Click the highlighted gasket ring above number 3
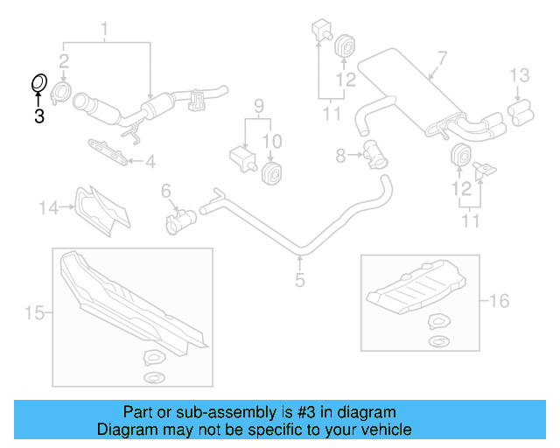[38, 84]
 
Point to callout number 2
[64, 60]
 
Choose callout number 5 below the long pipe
[299, 280]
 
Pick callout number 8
[341, 155]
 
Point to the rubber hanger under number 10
[272, 173]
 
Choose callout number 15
[33, 312]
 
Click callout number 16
[499, 302]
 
